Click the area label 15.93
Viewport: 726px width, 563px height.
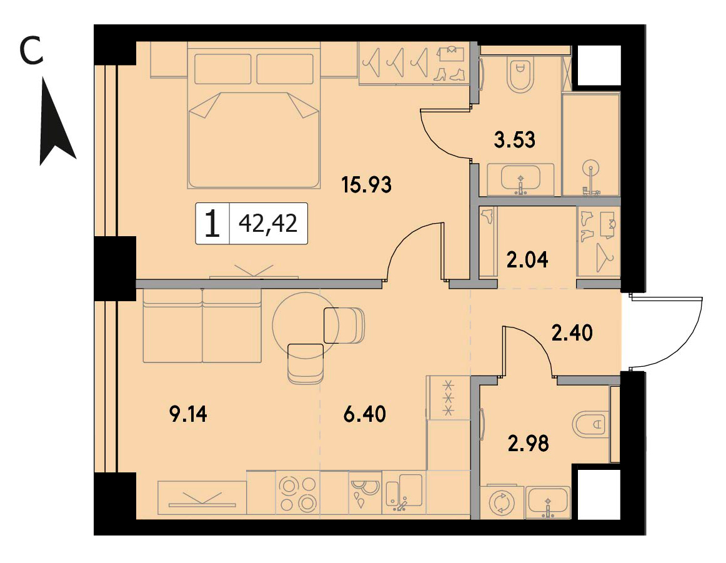click(366, 185)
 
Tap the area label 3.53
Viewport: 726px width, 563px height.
click(514, 139)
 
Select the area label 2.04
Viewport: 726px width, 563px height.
click(527, 260)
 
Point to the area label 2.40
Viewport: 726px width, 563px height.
click(572, 333)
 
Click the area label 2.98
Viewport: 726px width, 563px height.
click(529, 444)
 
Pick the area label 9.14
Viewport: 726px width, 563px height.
click(189, 414)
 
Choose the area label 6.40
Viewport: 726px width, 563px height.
click(365, 414)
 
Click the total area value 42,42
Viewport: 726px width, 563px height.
click(267, 224)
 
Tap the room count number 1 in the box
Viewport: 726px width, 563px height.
click(212, 224)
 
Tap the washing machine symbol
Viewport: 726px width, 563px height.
click(502, 502)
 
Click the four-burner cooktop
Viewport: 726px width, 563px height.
click(298, 494)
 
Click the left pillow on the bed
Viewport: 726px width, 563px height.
click(222, 69)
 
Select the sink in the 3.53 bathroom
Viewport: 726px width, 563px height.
click(521, 177)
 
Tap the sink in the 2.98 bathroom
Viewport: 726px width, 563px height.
click(549, 501)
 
